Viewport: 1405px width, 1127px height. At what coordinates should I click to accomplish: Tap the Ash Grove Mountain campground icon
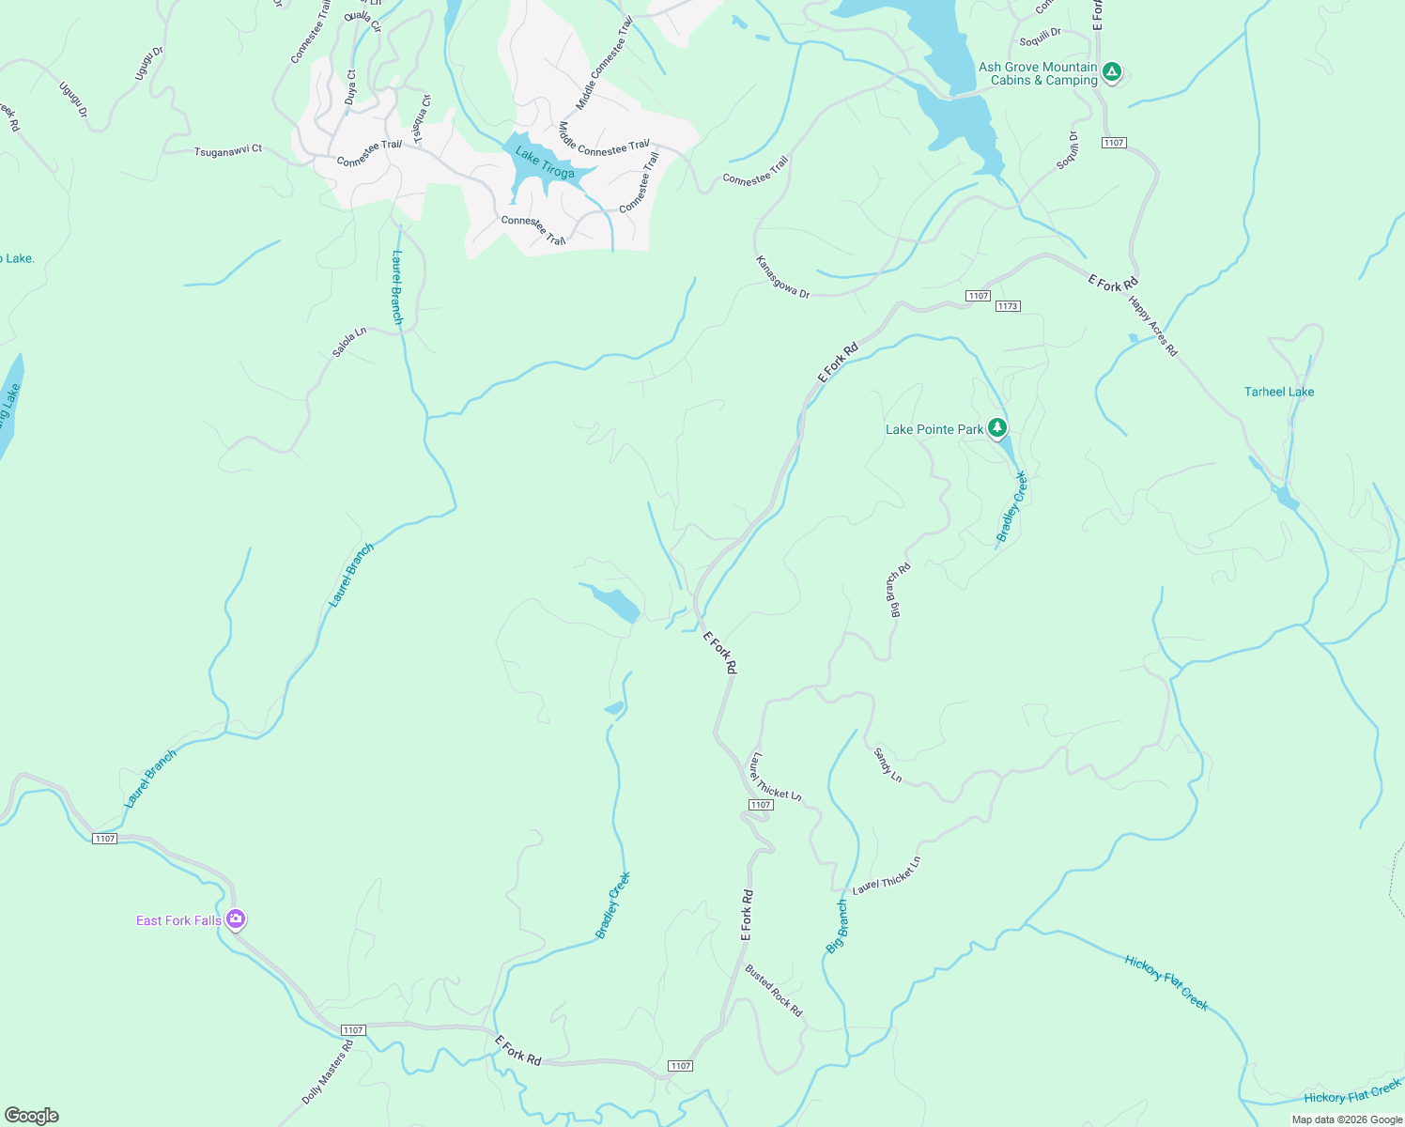pyautogui.click(x=1112, y=72)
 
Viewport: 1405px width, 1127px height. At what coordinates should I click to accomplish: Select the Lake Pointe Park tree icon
pyautogui.click(x=997, y=428)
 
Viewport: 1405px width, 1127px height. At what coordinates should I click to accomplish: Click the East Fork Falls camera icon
pyautogui.click(x=236, y=919)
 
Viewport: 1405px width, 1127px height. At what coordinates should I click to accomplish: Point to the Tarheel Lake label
pyautogui.click(x=1279, y=392)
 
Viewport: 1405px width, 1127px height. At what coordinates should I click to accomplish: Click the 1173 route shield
pyautogui.click(x=1008, y=306)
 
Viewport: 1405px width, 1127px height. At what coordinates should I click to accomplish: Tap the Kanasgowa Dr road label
pyautogui.click(x=782, y=277)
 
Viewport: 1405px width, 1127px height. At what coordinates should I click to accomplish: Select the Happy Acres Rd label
pyautogui.click(x=1152, y=326)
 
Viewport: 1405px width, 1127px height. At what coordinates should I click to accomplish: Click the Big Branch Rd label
pyautogui.click(x=898, y=590)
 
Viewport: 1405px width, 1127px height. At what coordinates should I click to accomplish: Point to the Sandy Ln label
pyautogui.click(x=888, y=764)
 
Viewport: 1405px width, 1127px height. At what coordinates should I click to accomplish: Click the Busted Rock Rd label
pyautogui.click(x=774, y=990)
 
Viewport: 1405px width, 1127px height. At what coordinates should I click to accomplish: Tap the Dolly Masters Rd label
pyautogui.click(x=328, y=1072)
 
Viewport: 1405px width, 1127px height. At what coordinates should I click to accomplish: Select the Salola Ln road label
pyautogui.click(x=348, y=342)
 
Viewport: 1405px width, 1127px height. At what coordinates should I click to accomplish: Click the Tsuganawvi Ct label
pyautogui.click(x=227, y=150)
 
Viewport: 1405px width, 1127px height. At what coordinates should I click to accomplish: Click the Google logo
pyautogui.click(x=32, y=1116)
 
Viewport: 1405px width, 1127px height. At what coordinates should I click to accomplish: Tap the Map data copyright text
pyautogui.click(x=1347, y=1119)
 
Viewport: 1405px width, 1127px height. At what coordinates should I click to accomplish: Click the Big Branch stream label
pyautogui.click(x=837, y=926)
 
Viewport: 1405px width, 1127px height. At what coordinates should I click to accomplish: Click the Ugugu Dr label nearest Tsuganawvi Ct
pyautogui.click(x=73, y=100)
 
